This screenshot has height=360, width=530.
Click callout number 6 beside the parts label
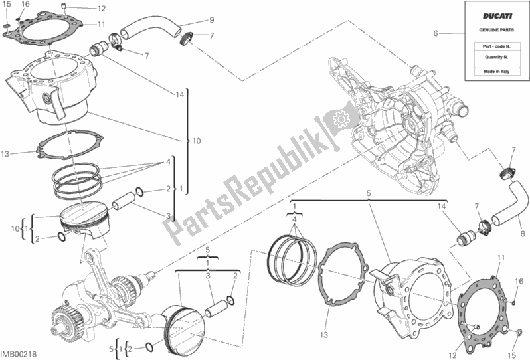[436, 33]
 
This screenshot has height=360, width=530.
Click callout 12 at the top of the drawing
[102, 9]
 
